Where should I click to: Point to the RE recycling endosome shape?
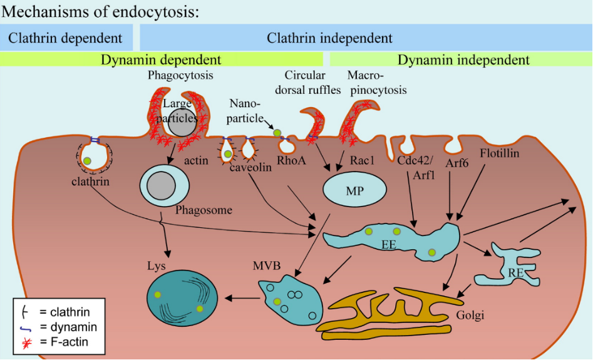pos(514,265)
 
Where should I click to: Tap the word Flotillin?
pos(499,153)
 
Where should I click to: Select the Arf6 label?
pos(458,163)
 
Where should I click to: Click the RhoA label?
pos(292,161)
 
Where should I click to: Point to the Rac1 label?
pos(362,161)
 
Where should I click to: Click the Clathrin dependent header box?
pos(65,38)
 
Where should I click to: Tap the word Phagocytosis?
pos(180,76)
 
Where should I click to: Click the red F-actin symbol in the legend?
pos(27,341)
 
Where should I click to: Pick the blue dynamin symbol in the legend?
pos(27,327)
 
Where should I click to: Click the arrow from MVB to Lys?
pos(242,298)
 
